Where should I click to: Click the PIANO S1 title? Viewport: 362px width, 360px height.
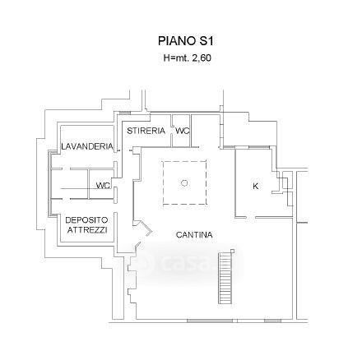click(185, 41)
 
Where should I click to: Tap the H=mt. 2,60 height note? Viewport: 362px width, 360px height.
click(187, 58)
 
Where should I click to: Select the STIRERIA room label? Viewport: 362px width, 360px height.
click(146, 131)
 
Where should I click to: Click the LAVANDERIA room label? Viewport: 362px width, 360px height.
click(87, 146)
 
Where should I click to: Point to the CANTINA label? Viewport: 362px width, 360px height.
click(194, 235)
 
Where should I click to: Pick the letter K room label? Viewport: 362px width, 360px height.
click(255, 186)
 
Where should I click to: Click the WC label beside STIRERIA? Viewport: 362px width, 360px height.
click(183, 131)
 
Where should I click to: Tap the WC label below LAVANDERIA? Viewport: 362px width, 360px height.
click(103, 186)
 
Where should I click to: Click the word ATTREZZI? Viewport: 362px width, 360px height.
click(87, 230)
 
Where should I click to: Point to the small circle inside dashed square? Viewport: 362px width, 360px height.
click(184, 182)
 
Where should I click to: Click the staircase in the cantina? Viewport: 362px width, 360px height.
click(225, 278)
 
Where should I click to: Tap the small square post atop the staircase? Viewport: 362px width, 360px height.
click(233, 251)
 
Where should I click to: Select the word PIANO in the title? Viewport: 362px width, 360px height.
click(176, 41)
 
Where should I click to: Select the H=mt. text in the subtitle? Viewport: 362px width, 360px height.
click(176, 58)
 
